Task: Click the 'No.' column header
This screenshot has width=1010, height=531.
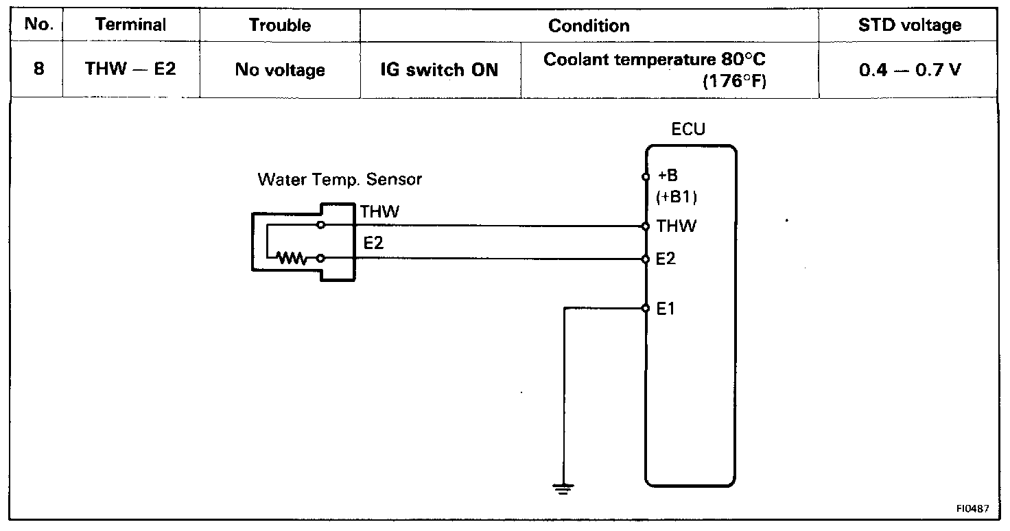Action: (x=39, y=25)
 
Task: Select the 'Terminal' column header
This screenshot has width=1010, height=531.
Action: (x=130, y=25)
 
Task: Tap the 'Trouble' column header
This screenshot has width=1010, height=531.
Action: (x=280, y=26)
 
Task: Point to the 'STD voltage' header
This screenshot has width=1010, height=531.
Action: (x=910, y=26)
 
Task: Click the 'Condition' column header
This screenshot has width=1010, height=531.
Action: (x=589, y=26)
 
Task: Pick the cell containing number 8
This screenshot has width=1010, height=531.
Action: (x=39, y=69)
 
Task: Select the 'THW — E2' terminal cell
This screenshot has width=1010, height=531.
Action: (x=130, y=69)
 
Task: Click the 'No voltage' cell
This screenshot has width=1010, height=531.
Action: (x=280, y=70)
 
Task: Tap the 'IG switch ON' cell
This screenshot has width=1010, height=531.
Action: (x=440, y=70)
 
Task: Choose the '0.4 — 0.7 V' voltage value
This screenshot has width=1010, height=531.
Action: (x=910, y=70)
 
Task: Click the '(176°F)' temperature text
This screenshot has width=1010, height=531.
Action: (x=734, y=82)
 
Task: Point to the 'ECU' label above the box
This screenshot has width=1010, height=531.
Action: (x=688, y=130)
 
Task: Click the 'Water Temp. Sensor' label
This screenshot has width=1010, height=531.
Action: (x=340, y=180)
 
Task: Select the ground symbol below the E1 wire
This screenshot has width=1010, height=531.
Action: (x=563, y=488)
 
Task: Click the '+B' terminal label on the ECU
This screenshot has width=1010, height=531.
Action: (x=668, y=176)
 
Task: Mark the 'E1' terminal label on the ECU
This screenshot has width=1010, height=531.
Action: (x=666, y=309)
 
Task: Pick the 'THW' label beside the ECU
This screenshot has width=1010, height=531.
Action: (x=676, y=226)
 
